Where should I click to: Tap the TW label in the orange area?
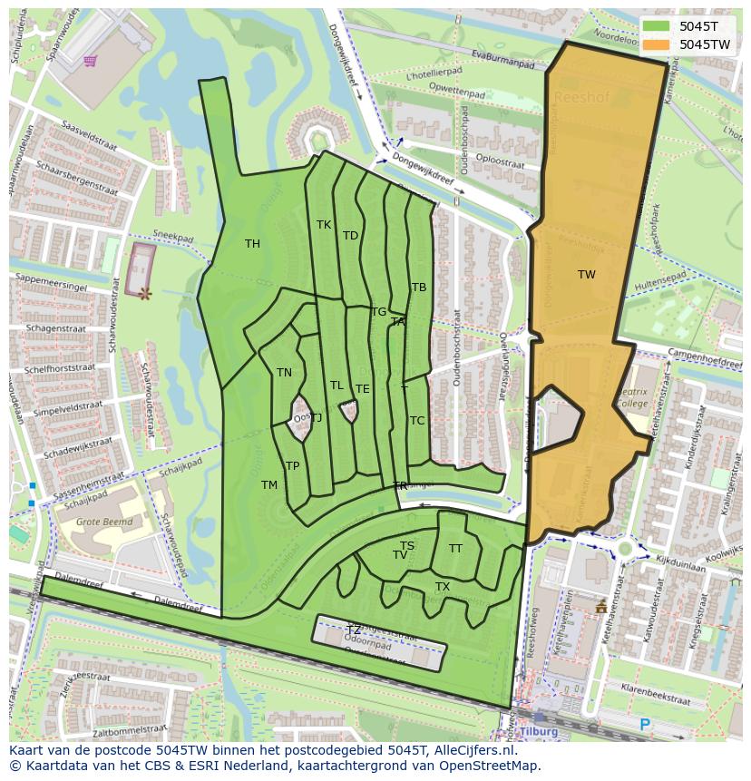click(587, 274)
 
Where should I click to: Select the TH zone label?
click(252, 243)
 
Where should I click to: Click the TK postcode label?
click(324, 224)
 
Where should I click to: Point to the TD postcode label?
click(350, 235)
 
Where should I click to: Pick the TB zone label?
click(419, 287)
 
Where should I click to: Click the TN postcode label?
click(284, 372)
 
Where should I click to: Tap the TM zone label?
click(269, 484)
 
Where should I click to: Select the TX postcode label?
click(443, 587)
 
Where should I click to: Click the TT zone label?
click(455, 548)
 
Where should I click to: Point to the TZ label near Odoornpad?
click(354, 630)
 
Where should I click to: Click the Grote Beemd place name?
click(104, 522)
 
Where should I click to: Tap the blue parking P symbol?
click(645, 724)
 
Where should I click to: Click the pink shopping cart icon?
click(90, 61)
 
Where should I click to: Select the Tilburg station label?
click(538, 731)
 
